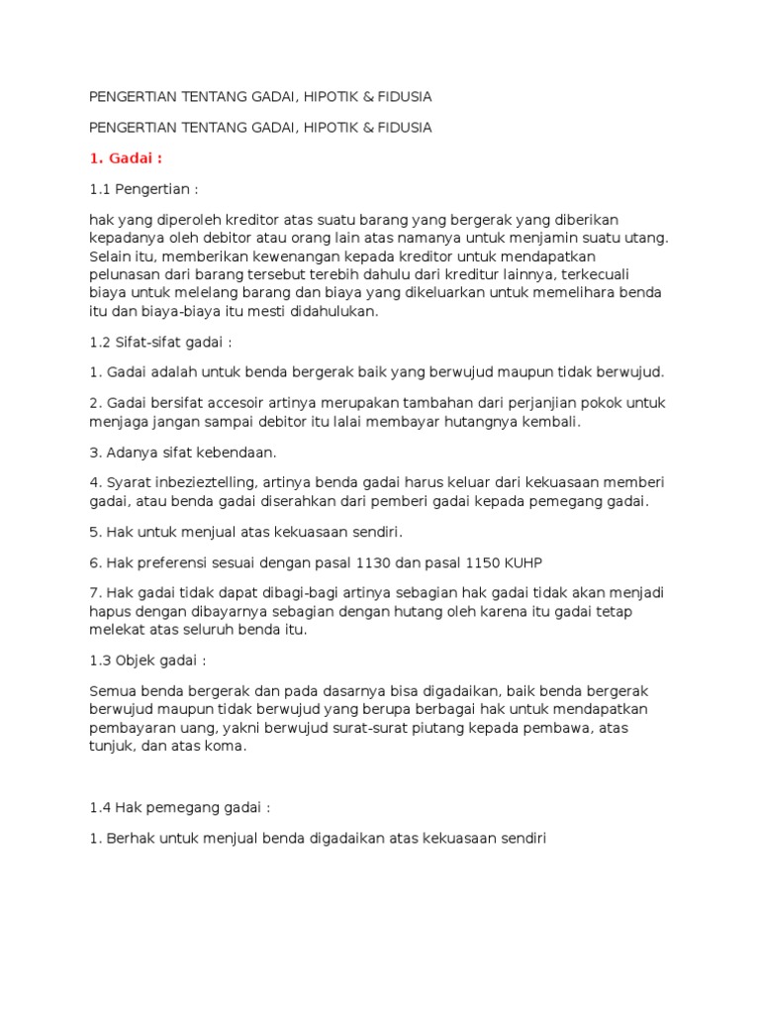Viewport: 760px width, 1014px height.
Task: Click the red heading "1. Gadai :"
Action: (126, 157)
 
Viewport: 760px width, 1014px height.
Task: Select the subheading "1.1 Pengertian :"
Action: (149, 188)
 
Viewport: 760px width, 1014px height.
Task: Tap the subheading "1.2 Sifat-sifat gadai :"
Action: (160, 342)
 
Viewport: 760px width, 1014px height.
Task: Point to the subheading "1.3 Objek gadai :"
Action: (147, 659)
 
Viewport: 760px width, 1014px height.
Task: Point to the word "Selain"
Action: (111, 255)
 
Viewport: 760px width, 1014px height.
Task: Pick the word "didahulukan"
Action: (325, 311)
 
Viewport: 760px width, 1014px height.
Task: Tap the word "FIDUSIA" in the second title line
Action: (404, 128)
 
